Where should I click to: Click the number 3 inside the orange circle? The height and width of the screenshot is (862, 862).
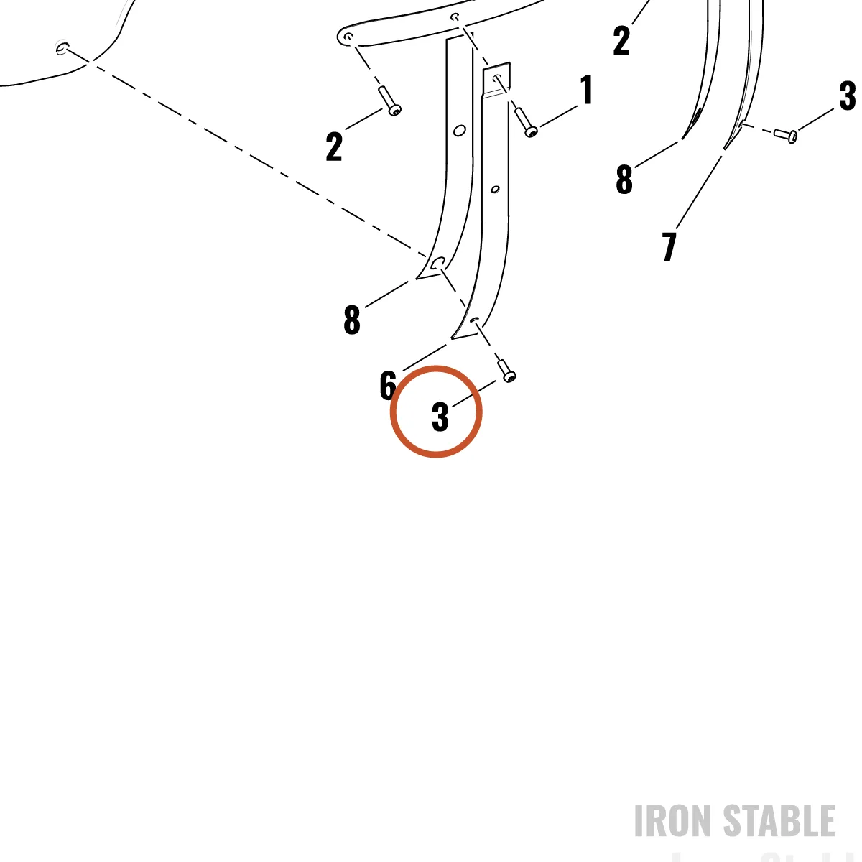click(x=440, y=417)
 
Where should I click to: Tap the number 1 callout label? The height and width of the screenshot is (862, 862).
click(x=586, y=90)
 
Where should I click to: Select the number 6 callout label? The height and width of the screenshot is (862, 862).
click(x=388, y=385)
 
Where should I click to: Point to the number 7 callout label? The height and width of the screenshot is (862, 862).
click(x=669, y=246)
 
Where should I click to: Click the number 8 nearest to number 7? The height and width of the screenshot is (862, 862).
click(x=624, y=180)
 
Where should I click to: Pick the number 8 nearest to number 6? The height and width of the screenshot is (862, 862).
click(x=351, y=320)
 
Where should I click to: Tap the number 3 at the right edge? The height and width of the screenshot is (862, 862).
click(x=847, y=96)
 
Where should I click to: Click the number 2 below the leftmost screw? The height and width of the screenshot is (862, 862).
click(x=334, y=147)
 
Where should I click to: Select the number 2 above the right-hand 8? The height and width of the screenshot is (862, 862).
click(x=621, y=40)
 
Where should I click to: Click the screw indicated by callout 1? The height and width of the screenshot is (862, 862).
click(x=524, y=121)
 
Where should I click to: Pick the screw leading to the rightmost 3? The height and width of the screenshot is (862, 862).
click(x=785, y=134)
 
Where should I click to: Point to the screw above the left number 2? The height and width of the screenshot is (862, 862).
click(x=389, y=101)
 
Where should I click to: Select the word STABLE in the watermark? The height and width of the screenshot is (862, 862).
click(x=779, y=820)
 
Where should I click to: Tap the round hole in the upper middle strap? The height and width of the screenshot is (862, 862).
click(x=460, y=131)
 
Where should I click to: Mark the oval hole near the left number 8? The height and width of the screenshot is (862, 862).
click(x=437, y=263)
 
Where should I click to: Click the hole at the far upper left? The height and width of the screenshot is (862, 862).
click(x=62, y=47)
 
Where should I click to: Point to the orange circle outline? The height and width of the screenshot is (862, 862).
click(x=391, y=412)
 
